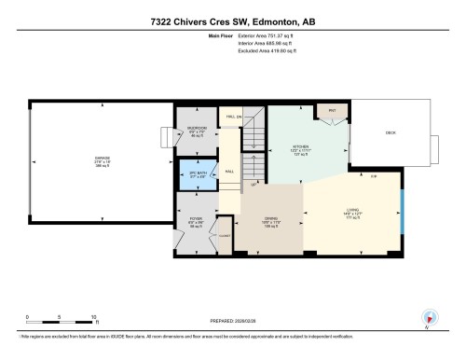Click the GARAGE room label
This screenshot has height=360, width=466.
point(100,159)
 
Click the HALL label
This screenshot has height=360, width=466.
point(228,172)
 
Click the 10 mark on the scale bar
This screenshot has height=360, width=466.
point(93,317)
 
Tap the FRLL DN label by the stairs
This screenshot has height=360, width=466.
point(234,117)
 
